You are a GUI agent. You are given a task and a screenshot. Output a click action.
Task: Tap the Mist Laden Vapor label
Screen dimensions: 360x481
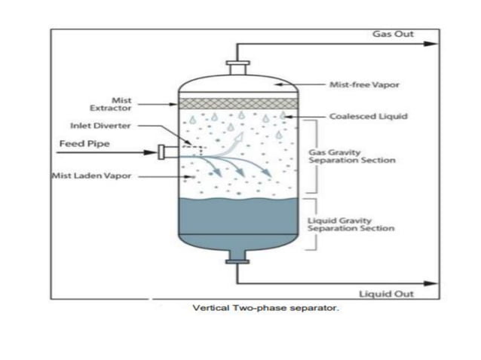click(x=84, y=176)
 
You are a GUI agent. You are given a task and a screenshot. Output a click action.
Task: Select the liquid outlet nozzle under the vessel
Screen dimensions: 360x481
click(x=237, y=260)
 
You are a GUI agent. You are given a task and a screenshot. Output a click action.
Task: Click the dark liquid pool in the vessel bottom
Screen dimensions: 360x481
click(x=238, y=222)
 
